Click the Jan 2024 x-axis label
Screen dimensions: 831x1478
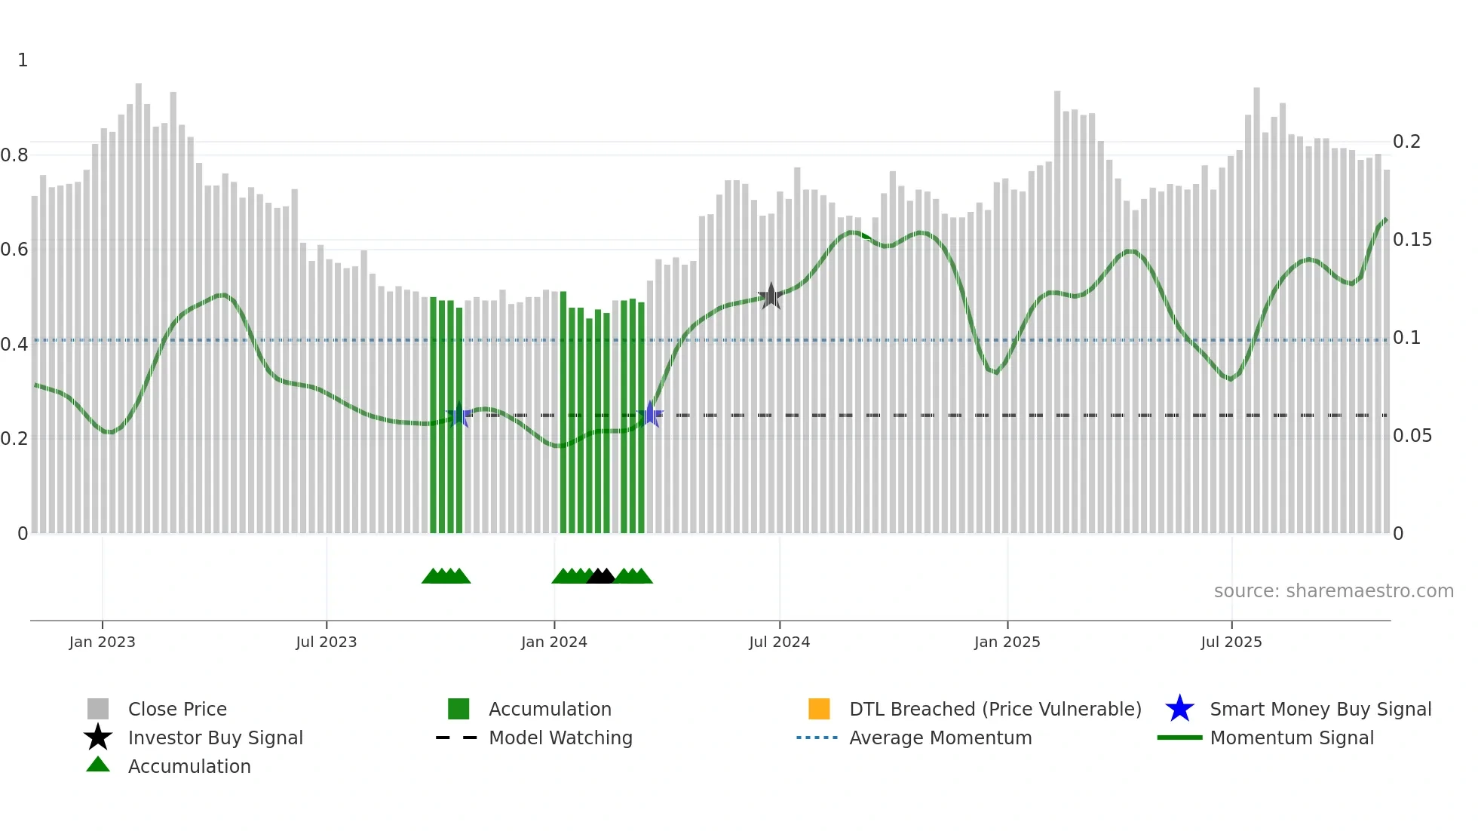(553, 642)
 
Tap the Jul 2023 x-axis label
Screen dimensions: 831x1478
(326, 642)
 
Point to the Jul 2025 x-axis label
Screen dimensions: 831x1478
(1231, 642)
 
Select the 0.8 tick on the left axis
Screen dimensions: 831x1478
(14, 155)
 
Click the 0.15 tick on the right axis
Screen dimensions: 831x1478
(1412, 240)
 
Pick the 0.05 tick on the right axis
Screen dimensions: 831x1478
(1412, 436)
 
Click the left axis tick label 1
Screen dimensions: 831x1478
(23, 60)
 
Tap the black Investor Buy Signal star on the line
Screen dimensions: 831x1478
(770, 296)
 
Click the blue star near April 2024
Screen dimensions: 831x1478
(650, 414)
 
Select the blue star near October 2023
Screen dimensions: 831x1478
(458, 414)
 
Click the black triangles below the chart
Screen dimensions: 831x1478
(601, 576)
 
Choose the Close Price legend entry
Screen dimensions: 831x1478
(176, 709)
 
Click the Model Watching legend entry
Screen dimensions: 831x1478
(560, 737)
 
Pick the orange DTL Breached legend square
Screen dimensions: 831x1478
(819, 709)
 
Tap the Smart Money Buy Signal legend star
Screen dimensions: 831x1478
(1179, 709)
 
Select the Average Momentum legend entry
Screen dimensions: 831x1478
(940, 737)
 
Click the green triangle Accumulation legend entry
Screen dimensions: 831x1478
(189, 766)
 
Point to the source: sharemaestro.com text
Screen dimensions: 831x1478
(1333, 591)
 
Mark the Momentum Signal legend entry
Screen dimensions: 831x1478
(1291, 737)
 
